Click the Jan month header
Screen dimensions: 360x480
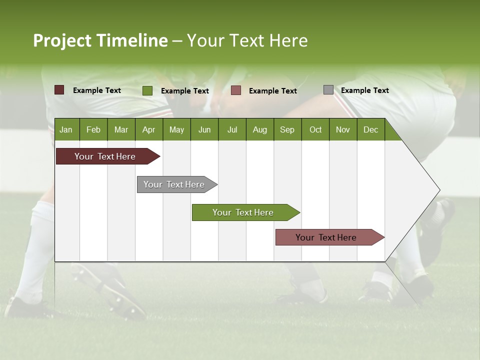coord(66,129)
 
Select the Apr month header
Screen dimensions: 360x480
coord(148,129)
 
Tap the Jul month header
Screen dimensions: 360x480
coord(232,129)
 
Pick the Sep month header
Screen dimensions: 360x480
coord(287,129)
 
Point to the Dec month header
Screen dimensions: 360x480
coord(370,129)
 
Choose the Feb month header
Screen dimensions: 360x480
coord(93,129)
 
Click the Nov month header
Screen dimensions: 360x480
coord(342,129)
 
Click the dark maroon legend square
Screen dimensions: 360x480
coord(59,90)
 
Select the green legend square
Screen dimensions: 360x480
coord(147,90)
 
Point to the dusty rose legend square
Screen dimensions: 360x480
coord(236,90)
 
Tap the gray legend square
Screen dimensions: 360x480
coord(328,90)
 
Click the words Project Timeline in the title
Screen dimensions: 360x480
coord(100,40)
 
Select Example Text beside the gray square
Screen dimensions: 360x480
coord(364,90)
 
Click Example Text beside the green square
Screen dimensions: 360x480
coord(184,91)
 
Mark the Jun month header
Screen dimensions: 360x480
coord(204,129)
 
